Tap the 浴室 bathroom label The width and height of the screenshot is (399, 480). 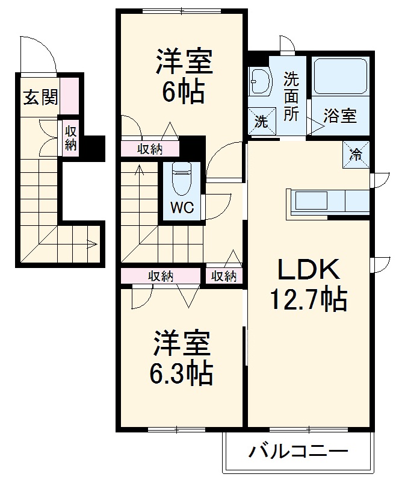tap(339, 116)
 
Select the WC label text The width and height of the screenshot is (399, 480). tap(181, 208)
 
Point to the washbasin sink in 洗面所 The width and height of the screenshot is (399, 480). tap(260, 81)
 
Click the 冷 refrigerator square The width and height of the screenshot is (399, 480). tap(356, 153)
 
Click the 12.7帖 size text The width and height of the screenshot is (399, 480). tap(309, 299)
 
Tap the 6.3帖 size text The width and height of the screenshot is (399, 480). tap(181, 374)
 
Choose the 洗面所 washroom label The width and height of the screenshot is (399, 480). tap(291, 96)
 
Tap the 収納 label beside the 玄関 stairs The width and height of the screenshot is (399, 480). tap(71, 137)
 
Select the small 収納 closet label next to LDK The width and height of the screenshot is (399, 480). tap(223, 276)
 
